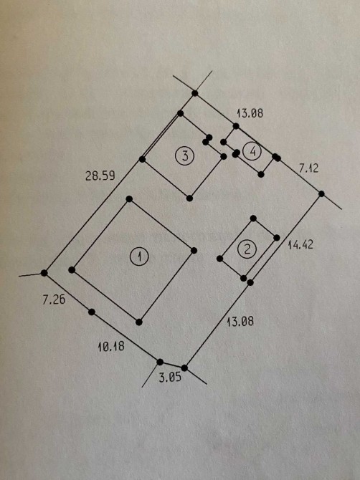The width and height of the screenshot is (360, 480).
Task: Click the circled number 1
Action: pos(139,256)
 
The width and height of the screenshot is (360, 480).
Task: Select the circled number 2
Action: pos(247,249)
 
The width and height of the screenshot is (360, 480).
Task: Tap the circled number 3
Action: pos(185,156)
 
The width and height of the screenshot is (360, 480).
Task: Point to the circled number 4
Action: pos(252,151)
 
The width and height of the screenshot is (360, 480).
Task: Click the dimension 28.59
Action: pos(100,176)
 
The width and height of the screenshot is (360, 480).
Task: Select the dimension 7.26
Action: pos(54,299)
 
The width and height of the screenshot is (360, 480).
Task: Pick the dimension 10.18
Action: pos(111,346)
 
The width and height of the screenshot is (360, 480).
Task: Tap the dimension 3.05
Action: pos(170,377)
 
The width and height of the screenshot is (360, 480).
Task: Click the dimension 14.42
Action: pos(300,244)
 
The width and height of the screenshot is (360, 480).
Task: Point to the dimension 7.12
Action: pos(308,168)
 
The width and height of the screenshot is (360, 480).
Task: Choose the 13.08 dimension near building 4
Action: pos(250,113)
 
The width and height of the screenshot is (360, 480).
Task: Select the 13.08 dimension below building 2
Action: pos(240,322)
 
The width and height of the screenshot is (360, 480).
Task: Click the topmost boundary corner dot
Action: pos(195,93)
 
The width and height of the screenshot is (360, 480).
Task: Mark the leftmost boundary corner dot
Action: pos(44,273)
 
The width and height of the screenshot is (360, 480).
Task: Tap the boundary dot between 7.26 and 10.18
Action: pos(92,312)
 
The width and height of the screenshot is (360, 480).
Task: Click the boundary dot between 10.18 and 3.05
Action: pos(160,362)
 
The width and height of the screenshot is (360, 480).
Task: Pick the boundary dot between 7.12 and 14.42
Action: pos(321,193)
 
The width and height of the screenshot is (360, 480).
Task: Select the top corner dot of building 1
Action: pos(129,199)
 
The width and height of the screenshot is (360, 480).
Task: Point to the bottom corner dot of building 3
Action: pos(189,198)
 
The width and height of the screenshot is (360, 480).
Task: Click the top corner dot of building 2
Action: pos(253,219)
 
